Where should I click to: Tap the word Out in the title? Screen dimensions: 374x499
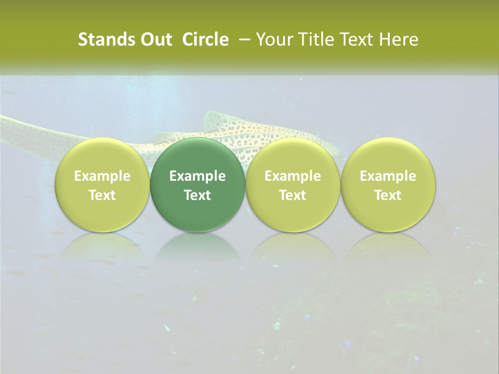coord(155,39)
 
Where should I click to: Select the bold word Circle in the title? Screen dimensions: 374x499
coord(205,39)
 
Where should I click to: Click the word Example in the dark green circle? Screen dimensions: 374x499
coord(198,176)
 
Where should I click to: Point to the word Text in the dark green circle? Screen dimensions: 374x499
coord(198,195)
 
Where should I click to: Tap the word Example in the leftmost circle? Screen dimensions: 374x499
coord(102,176)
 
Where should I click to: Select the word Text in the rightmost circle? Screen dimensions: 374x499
coord(388,195)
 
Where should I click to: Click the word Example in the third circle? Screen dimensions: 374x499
coord(293,176)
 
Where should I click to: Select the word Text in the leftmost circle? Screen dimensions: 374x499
coord(102,195)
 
